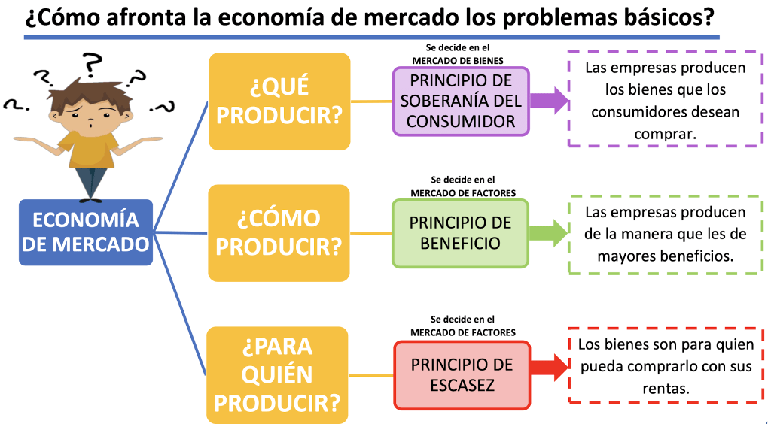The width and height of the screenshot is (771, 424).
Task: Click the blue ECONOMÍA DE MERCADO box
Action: (86, 232)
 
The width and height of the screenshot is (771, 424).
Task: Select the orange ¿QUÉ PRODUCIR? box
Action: (279, 101)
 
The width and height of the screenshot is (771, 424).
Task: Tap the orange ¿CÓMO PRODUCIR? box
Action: (279, 232)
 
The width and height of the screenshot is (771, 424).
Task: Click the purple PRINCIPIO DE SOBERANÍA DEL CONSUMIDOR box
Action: (461, 101)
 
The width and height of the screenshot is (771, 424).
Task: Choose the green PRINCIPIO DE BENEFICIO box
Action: (460, 233)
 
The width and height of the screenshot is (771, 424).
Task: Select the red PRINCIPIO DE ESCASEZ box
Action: (462, 374)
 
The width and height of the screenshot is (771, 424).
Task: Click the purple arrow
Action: (549, 100)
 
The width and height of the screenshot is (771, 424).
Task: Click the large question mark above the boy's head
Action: (93, 64)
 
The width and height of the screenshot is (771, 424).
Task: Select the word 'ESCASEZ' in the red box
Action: (462, 385)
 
